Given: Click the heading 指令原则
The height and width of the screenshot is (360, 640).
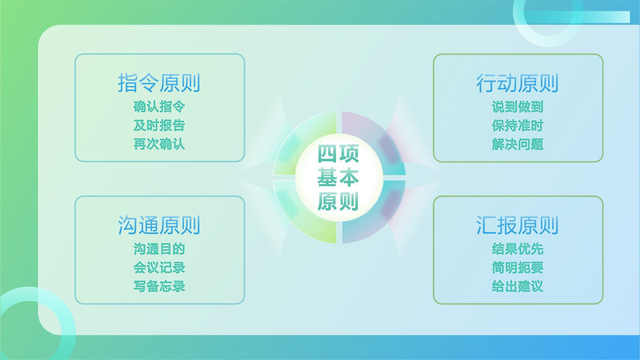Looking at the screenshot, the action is point(159,83).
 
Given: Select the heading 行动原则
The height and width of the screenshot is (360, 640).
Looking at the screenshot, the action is point(517,83).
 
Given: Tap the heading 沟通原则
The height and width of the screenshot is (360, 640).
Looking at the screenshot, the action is point(159,225).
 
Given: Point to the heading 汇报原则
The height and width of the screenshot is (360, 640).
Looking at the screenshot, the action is point(517,225).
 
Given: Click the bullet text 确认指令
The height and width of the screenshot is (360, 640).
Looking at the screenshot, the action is point(159,106).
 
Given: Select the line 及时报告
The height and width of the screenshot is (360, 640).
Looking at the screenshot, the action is point(159,125).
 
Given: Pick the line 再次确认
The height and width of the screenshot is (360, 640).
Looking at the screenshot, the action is point(159,144).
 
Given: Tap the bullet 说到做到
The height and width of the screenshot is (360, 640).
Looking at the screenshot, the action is point(518,106).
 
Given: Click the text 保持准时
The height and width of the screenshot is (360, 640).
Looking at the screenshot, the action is point(518,125).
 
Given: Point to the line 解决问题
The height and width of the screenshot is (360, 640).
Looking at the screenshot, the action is point(518,144).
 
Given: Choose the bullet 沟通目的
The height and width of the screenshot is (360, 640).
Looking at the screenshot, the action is point(159,249).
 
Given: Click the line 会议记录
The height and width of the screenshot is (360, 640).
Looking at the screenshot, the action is point(159,268).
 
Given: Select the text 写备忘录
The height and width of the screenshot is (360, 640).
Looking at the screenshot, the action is point(159,286).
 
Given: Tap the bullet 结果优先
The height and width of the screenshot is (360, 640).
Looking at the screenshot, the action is point(518,249).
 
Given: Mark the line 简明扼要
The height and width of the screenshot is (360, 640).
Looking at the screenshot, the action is point(518,268).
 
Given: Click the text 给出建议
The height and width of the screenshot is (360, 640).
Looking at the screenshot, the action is point(518,286).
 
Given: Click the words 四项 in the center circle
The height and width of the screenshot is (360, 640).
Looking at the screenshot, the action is point(338,154).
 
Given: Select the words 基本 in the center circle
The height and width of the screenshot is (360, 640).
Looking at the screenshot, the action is point(338,178).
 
